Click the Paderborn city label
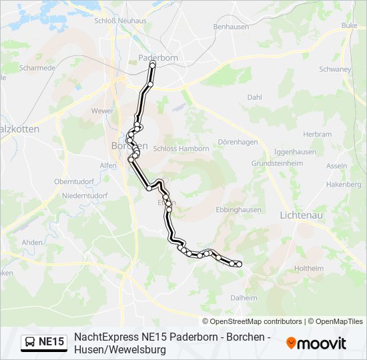[x=157, y=57]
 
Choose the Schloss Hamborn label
[x=181, y=149]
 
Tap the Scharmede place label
[x=37, y=68]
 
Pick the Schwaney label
[x=335, y=69]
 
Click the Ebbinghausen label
[x=238, y=209]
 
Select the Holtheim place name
[x=308, y=268]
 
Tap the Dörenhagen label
[x=237, y=141]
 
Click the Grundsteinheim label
[x=277, y=163]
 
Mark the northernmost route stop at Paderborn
[x=153, y=65]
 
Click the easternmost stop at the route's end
[x=239, y=265]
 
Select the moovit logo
[x=316, y=343]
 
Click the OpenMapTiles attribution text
[x=336, y=321]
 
